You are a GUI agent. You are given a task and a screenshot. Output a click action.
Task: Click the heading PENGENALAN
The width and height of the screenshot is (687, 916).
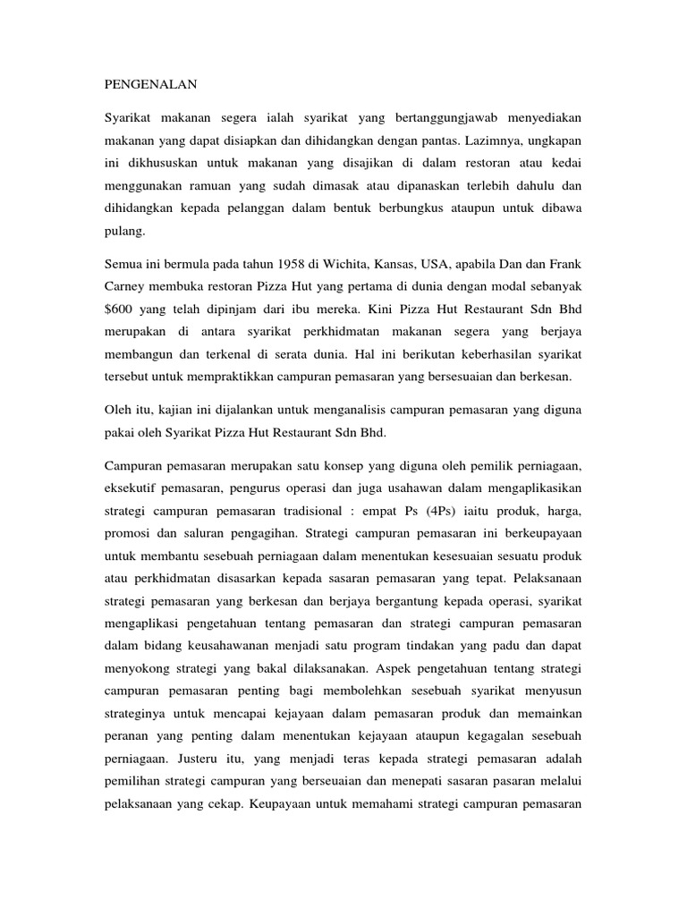(149, 87)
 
